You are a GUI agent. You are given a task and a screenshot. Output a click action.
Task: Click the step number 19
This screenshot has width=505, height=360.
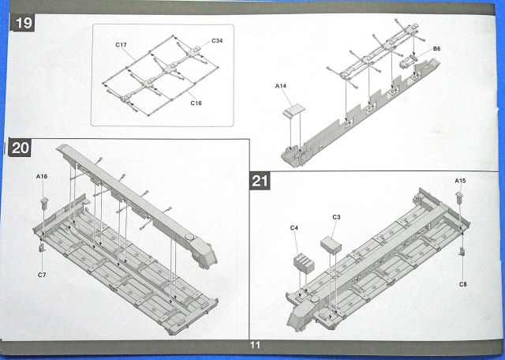point(23,24)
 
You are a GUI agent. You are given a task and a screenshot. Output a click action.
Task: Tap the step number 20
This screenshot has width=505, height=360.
point(21,148)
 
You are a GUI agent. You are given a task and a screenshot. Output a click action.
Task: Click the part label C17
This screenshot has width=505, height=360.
point(121,45)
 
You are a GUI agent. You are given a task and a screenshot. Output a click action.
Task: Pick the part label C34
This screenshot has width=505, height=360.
point(217,40)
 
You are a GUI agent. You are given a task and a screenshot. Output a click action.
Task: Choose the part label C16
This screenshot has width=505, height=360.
point(194,102)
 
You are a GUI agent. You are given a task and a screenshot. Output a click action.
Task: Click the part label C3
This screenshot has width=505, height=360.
point(336,216)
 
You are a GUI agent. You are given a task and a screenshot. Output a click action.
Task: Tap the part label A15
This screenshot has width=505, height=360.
point(461,182)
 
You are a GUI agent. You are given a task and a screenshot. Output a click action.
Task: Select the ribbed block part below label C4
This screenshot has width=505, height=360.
point(303,261)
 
